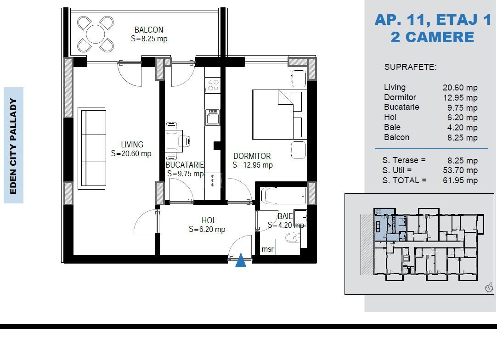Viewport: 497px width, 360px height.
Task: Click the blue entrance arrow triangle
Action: [241, 260]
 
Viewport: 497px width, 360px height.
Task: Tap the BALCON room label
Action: [149, 30]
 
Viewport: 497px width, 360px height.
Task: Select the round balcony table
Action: [96, 34]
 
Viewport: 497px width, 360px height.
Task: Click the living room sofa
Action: [92, 148]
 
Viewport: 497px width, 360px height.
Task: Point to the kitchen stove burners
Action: [213, 85]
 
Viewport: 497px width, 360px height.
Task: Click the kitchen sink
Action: [213, 117]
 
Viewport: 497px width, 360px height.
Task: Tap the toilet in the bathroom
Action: [293, 238]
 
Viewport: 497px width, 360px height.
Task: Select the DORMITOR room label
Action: [252, 156]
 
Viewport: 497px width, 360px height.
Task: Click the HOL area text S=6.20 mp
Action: [207, 229]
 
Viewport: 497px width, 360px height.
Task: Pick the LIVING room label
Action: [132, 145]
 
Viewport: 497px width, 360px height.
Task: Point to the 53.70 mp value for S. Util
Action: [460, 170]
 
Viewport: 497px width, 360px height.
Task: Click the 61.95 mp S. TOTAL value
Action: [460, 180]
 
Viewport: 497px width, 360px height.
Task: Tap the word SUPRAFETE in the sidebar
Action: [410, 67]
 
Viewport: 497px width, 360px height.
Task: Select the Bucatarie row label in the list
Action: [401, 107]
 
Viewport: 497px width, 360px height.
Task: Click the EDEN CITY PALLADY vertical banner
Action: [13, 146]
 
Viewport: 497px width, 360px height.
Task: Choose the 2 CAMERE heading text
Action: [432, 37]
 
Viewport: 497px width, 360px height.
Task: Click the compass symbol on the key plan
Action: [489, 288]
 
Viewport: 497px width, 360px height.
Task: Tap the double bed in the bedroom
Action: [280, 115]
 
